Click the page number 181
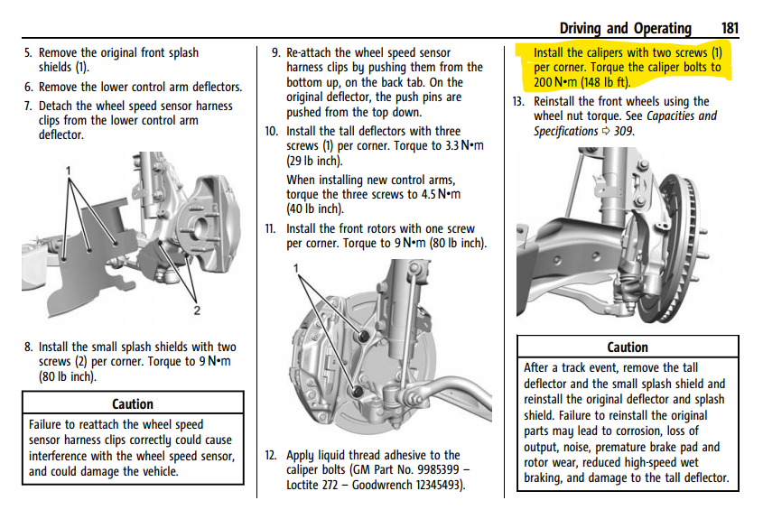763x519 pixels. coord(730,28)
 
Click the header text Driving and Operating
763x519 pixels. coord(625,29)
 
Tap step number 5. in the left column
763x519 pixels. coord(28,52)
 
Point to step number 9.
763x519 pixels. coord(276,52)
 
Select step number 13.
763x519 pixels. coord(518,102)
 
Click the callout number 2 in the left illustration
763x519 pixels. coord(197,310)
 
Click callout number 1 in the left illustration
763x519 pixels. coord(69,171)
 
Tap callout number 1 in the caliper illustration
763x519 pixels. coord(296,268)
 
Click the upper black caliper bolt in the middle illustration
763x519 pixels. coord(362,336)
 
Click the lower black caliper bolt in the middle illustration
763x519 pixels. coord(357,391)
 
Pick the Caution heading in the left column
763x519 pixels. coord(133,404)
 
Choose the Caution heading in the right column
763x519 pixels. coord(628,348)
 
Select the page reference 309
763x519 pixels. coord(624,132)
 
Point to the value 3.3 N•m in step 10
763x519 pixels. coord(464,146)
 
